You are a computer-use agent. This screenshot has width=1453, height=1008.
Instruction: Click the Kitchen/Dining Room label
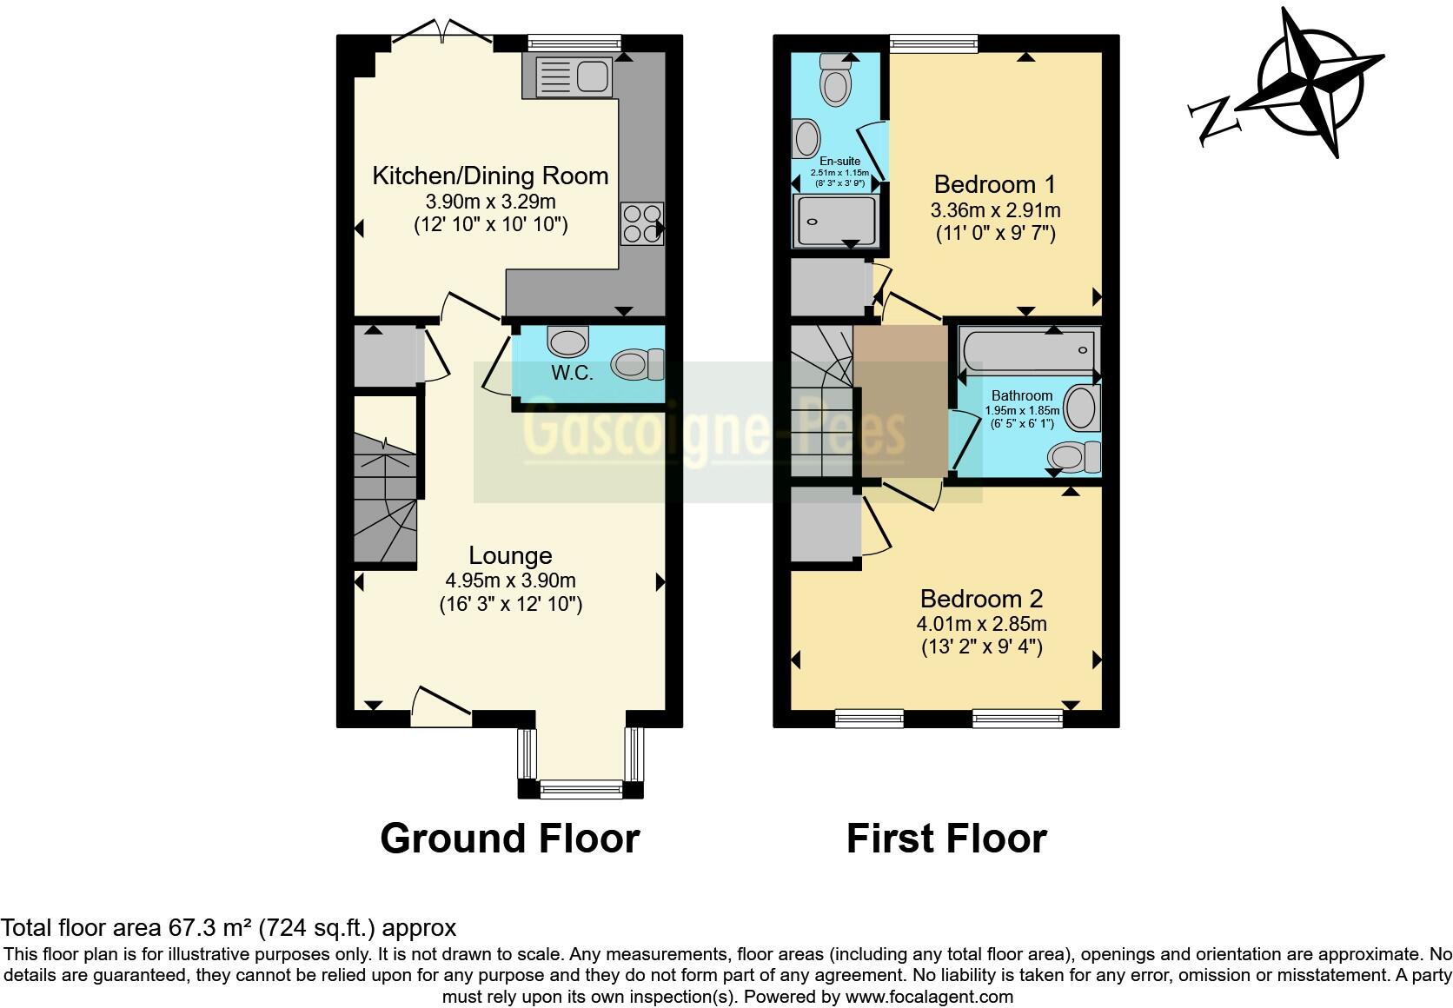click(x=490, y=176)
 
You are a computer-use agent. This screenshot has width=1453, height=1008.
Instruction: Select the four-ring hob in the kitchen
click(x=641, y=222)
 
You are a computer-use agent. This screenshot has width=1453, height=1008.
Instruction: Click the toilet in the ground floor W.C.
click(x=636, y=365)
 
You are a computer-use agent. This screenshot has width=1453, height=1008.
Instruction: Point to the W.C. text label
click(x=572, y=374)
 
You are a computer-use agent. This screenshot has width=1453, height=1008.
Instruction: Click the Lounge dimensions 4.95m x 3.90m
click(x=510, y=580)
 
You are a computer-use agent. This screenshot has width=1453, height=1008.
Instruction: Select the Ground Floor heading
click(x=510, y=839)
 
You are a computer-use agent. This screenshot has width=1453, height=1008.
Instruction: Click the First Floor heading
click(x=946, y=839)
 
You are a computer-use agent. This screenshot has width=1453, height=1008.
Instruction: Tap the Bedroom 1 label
click(x=994, y=185)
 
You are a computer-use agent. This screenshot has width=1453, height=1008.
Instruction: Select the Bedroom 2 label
click(x=981, y=599)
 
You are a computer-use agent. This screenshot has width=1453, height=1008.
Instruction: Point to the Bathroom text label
click(x=1021, y=395)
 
